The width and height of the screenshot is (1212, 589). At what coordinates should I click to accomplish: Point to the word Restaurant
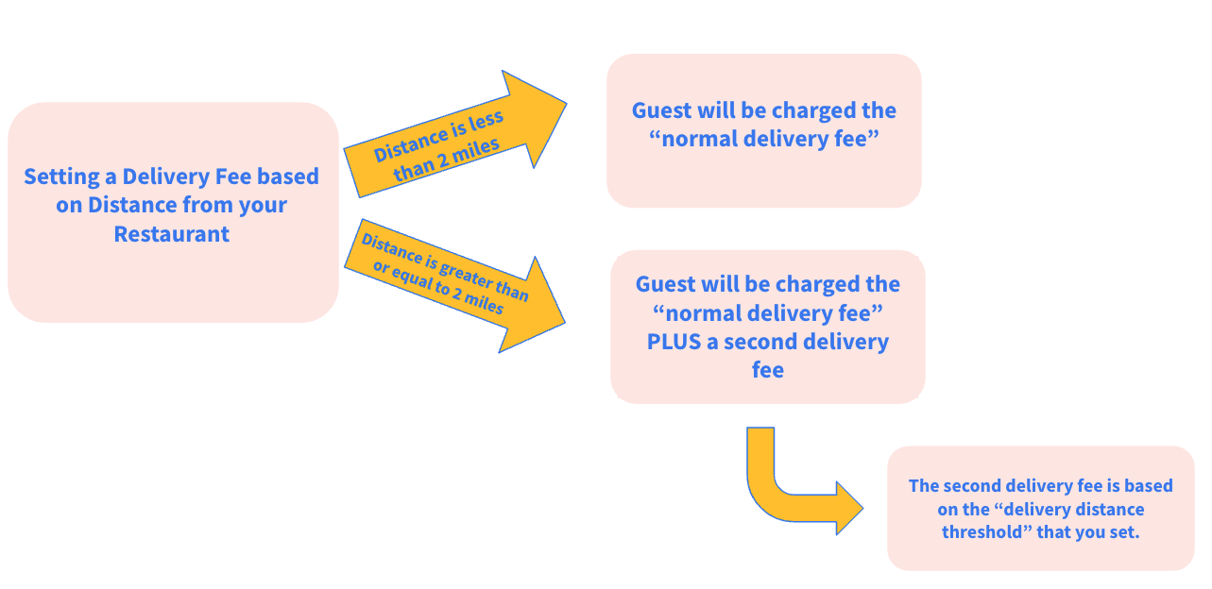click(171, 234)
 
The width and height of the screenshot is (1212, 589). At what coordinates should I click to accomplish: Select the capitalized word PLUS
click(674, 342)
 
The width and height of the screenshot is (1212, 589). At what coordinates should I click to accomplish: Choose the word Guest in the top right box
click(661, 110)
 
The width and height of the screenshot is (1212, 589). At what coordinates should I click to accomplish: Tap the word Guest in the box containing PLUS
click(665, 284)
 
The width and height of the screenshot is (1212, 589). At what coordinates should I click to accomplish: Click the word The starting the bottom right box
click(923, 486)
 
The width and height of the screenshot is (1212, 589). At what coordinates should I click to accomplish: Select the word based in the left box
click(288, 177)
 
